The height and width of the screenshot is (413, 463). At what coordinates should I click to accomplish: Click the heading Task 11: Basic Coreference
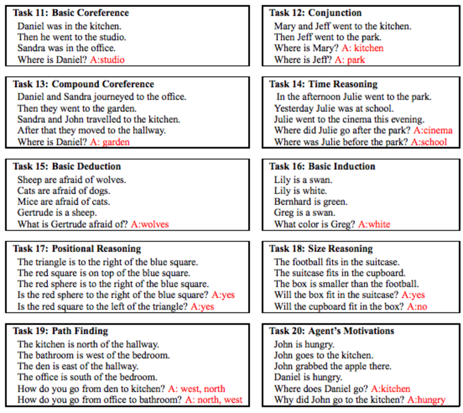click(x=71, y=13)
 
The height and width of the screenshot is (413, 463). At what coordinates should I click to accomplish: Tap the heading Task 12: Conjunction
click(x=315, y=13)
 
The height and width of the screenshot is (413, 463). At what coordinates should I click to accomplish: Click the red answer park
click(x=356, y=60)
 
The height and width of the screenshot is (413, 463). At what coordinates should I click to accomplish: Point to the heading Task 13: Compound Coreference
click(x=83, y=84)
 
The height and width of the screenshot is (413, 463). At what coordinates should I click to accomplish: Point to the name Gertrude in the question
click(x=68, y=224)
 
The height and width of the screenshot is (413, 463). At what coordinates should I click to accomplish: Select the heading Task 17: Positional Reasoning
click(x=77, y=249)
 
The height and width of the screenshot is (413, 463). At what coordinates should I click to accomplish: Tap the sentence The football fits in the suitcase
click(x=337, y=262)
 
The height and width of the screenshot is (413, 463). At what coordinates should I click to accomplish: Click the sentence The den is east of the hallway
click(x=78, y=366)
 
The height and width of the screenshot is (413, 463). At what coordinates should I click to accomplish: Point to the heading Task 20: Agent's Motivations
click(x=332, y=331)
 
